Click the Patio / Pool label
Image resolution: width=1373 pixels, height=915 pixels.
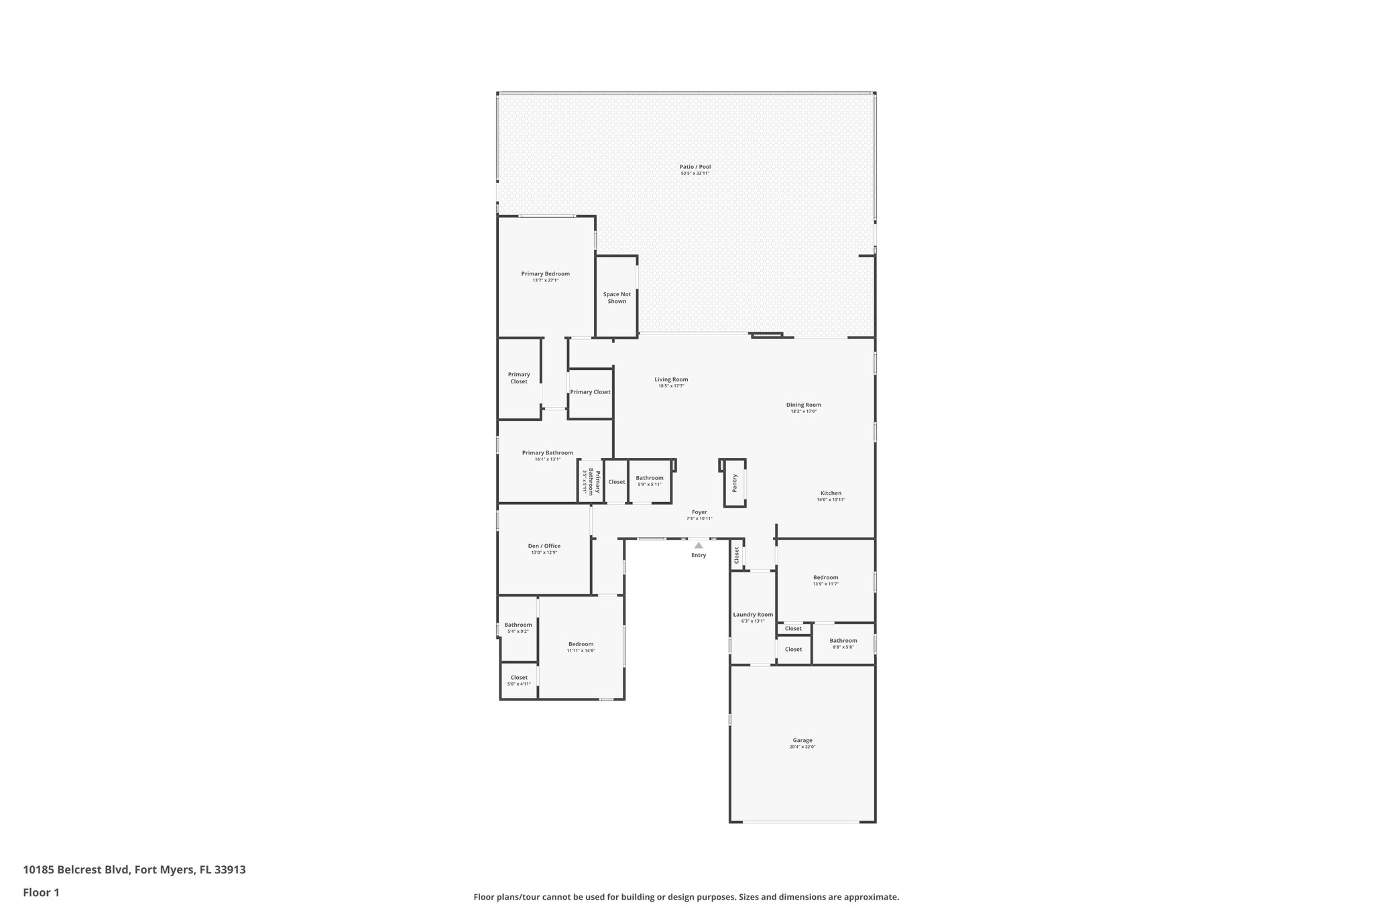coord(695,167)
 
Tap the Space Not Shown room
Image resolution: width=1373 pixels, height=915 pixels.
coord(617,298)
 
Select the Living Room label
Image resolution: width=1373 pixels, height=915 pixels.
coord(671,379)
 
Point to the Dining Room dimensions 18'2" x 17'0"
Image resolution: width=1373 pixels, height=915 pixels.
coord(803,411)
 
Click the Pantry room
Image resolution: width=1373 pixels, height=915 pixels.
coord(735,483)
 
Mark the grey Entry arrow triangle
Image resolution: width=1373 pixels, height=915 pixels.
coord(699,545)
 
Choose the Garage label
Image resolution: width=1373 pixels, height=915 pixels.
coord(802,740)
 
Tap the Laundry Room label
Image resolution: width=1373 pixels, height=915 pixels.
coord(753,614)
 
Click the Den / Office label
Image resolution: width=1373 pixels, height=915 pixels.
coord(544,546)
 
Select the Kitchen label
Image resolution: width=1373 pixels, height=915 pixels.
coord(831,493)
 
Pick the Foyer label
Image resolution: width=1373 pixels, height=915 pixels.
coord(699,512)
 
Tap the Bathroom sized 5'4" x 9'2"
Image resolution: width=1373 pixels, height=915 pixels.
coord(518,628)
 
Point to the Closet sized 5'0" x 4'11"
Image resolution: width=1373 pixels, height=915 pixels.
coord(519,680)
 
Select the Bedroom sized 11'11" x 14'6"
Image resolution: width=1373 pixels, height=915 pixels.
coord(581,647)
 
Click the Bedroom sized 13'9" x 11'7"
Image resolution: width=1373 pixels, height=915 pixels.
coord(825,581)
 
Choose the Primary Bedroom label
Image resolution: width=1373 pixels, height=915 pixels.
coord(545,273)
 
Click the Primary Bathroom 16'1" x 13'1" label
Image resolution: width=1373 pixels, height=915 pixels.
coord(547,453)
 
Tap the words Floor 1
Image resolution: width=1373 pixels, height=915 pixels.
coord(42,892)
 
